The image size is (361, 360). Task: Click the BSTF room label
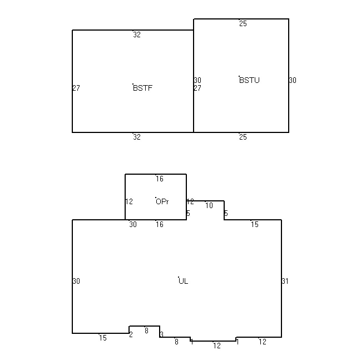pos(143,88)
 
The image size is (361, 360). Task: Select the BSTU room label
pos(249,80)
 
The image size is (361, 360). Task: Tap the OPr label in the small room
pos(162,202)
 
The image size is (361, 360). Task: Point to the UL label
pos(183,281)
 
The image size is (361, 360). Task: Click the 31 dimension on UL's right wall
pos(285,281)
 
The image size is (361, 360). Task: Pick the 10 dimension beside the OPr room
pos(209,205)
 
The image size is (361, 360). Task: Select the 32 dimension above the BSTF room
pos(137,35)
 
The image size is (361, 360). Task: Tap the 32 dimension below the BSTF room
pos(137,137)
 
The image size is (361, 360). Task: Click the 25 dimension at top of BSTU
pos(243,23)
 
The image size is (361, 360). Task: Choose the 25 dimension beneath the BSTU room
pos(243,137)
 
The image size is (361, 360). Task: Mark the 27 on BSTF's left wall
pos(76,88)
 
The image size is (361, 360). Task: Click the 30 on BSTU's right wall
pos(293,80)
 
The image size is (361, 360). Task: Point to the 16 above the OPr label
pos(160,179)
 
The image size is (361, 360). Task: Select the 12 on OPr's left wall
pos(129,202)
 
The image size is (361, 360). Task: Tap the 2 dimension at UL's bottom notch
pos(131,334)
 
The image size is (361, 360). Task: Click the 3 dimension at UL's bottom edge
pos(162,334)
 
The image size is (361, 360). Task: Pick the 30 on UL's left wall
pos(76,281)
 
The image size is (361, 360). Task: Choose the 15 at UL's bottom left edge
pos(103,338)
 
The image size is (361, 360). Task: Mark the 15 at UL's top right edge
pos(255,224)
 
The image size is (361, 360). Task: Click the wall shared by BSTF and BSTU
pos(194,81)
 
